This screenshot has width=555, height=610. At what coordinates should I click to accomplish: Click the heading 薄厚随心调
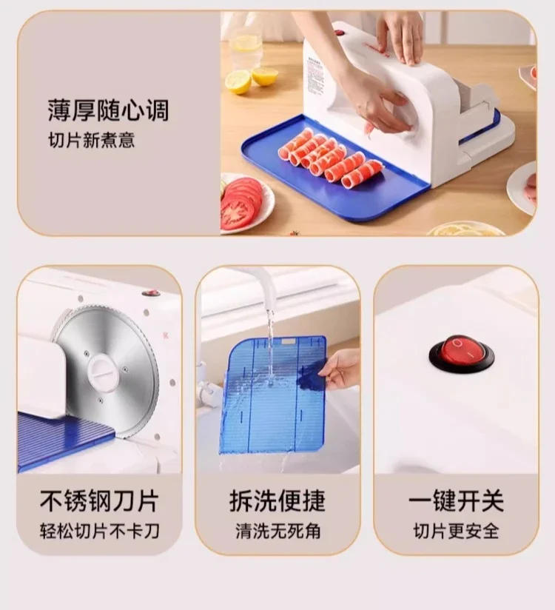tap(108, 111)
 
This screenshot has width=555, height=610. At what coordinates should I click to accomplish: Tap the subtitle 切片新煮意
tap(91, 141)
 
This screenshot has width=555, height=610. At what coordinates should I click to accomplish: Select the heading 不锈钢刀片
tap(98, 501)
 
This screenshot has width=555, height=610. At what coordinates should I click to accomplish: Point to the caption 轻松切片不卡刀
tap(99, 531)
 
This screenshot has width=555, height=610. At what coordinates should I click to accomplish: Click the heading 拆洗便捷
tap(277, 501)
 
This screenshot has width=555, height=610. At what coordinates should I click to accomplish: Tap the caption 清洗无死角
tap(277, 531)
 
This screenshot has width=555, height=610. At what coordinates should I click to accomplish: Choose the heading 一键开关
tap(456, 501)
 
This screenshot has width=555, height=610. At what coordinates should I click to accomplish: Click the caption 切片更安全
tap(456, 531)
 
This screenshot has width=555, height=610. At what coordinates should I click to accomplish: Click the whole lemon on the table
tap(238, 81)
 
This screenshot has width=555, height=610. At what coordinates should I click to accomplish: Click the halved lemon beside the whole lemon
tap(265, 76)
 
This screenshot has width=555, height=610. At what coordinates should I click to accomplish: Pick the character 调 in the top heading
tap(156, 111)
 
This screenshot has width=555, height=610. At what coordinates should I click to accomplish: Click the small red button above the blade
tap(152, 293)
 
